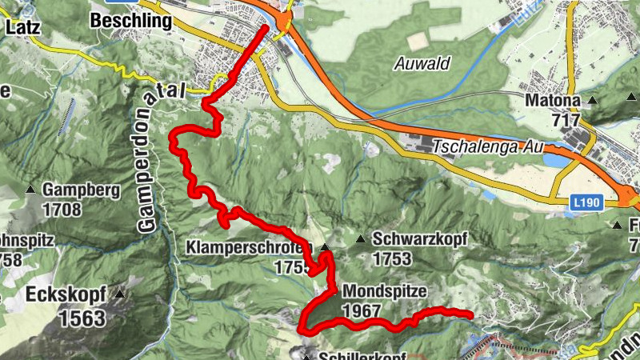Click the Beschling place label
[132, 21]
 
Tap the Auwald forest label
[423, 63]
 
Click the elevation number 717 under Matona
[565, 120]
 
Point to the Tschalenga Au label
[487, 147]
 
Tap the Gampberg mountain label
[82, 190]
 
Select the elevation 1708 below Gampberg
[65, 210]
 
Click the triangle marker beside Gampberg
[30, 190]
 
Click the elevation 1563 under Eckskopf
[82, 318]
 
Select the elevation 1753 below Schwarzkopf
[391, 258]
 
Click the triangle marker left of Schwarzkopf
[360, 238]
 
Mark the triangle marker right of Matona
[593, 101]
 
